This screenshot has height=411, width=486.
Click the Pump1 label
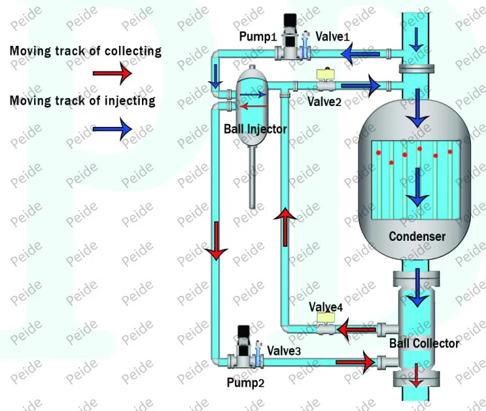[x=257, y=37]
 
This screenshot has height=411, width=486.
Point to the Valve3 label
[x=284, y=351]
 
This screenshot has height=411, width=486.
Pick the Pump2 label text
[x=246, y=383]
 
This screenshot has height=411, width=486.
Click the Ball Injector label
[x=256, y=129]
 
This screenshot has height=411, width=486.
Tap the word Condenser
[x=417, y=236]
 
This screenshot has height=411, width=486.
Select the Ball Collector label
[x=425, y=343]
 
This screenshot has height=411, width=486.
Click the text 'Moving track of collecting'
[x=85, y=51]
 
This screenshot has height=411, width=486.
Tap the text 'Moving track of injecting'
[x=82, y=101]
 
